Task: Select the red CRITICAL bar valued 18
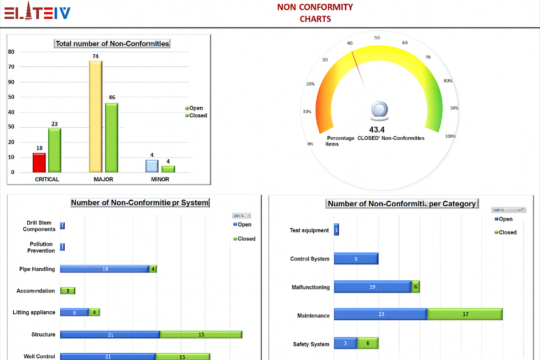click(39, 163)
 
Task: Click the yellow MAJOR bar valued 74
click(96, 116)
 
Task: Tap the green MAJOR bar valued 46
click(112, 137)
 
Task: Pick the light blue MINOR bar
click(152, 166)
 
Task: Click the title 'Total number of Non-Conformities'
click(112, 44)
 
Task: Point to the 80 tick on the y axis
click(11, 52)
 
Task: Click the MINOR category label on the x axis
click(160, 180)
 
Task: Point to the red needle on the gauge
click(359, 69)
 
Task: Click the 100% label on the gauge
click(450, 136)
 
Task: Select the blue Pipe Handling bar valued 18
click(105, 269)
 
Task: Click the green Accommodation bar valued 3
click(68, 291)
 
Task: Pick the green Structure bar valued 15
click(201, 335)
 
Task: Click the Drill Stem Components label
click(39, 226)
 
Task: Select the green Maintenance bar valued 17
click(465, 315)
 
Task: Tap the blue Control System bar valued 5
click(356, 259)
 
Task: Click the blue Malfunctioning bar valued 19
click(372, 287)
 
